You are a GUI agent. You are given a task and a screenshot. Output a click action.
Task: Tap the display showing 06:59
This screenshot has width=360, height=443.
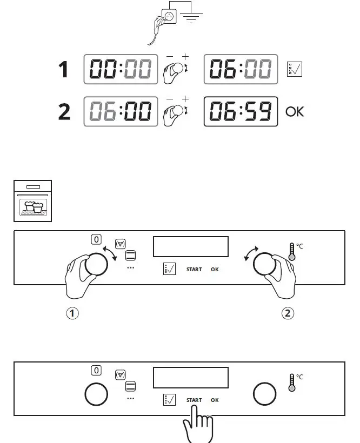[x=241, y=111]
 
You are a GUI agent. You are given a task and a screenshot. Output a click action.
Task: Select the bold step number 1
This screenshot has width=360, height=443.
[x=64, y=70]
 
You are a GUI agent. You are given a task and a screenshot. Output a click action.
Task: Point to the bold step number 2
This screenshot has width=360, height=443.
[x=64, y=112]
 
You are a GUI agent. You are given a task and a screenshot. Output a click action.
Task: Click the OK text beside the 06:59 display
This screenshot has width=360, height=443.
[x=295, y=112]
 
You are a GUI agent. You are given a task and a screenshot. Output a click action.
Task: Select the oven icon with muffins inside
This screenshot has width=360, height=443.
[x=32, y=201]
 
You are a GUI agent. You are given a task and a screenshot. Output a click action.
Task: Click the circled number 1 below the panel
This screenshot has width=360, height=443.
[x=72, y=313]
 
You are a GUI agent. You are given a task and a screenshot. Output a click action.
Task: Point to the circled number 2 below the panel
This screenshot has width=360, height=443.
[x=289, y=313]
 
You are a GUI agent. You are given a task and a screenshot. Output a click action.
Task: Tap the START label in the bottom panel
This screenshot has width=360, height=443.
[x=194, y=400]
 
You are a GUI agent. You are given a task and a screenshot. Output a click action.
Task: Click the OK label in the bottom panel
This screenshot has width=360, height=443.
[x=215, y=400]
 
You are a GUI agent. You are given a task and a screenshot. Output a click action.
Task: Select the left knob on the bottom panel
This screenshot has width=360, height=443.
[x=97, y=395]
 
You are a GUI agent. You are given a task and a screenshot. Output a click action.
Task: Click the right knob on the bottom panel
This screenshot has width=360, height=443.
[x=264, y=395]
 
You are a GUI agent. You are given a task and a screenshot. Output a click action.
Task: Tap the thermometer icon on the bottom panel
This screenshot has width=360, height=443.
[x=292, y=382]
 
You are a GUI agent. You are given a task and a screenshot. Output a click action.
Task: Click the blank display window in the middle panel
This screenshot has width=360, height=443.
[x=191, y=246]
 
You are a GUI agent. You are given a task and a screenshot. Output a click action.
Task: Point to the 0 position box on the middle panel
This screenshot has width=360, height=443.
[x=96, y=239]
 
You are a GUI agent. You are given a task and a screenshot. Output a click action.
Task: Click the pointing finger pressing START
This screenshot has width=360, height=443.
[x=197, y=424]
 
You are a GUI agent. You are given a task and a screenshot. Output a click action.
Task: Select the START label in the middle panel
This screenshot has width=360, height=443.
[x=194, y=269]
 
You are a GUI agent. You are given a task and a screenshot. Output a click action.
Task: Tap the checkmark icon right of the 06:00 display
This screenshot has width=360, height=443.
[x=294, y=69]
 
